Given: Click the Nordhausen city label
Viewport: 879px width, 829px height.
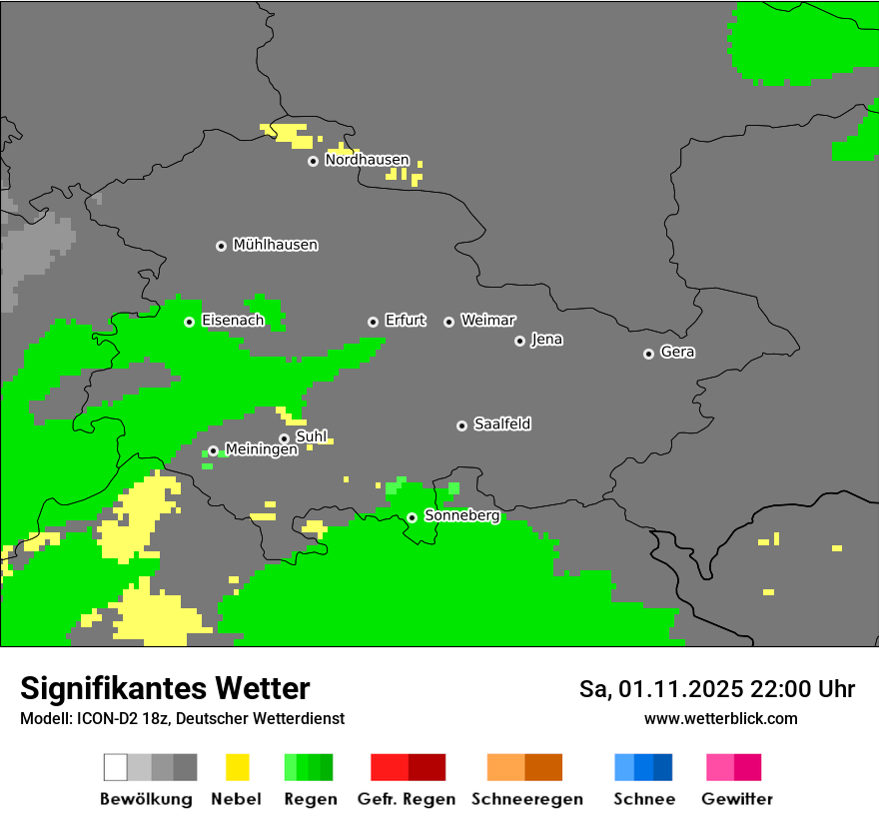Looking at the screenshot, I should click(x=367, y=160).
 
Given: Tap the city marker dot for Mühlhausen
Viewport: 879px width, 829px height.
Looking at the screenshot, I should click(x=221, y=246).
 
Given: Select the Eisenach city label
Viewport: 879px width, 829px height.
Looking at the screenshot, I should click(x=233, y=321).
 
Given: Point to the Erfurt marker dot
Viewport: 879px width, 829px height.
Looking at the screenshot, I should click(x=373, y=322).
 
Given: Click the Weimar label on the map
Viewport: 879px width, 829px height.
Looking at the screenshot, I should click(x=487, y=321).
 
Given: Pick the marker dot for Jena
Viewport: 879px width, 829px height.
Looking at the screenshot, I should click(x=519, y=341).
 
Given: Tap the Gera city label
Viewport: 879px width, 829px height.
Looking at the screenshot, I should click(x=677, y=353).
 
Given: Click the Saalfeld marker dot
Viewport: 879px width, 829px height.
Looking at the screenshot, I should click(x=461, y=425).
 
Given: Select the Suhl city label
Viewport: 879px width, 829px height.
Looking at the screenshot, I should click(x=312, y=436).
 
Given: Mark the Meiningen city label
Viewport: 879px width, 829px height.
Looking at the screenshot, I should click(x=261, y=450).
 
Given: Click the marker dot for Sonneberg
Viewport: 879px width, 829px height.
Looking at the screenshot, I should click(x=412, y=517).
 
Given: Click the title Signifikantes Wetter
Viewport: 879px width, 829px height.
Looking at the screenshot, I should click(x=165, y=688).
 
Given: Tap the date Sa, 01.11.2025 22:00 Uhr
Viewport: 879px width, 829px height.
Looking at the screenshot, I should click(x=716, y=689).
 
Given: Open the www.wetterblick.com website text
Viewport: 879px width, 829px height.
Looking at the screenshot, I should click(x=720, y=718).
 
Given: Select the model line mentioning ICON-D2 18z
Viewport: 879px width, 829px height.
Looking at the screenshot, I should click(x=182, y=718).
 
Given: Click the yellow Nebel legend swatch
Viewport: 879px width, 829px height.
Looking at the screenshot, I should click(x=237, y=767).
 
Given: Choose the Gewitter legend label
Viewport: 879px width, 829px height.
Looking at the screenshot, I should click(x=736, y=799).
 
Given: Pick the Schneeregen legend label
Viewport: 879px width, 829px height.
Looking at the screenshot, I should click(x=526, y=799).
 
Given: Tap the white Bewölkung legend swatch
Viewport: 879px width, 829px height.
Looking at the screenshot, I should click(x=116, y=767).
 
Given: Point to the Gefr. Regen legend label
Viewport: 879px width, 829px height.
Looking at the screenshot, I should click(x=406, y=799).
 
